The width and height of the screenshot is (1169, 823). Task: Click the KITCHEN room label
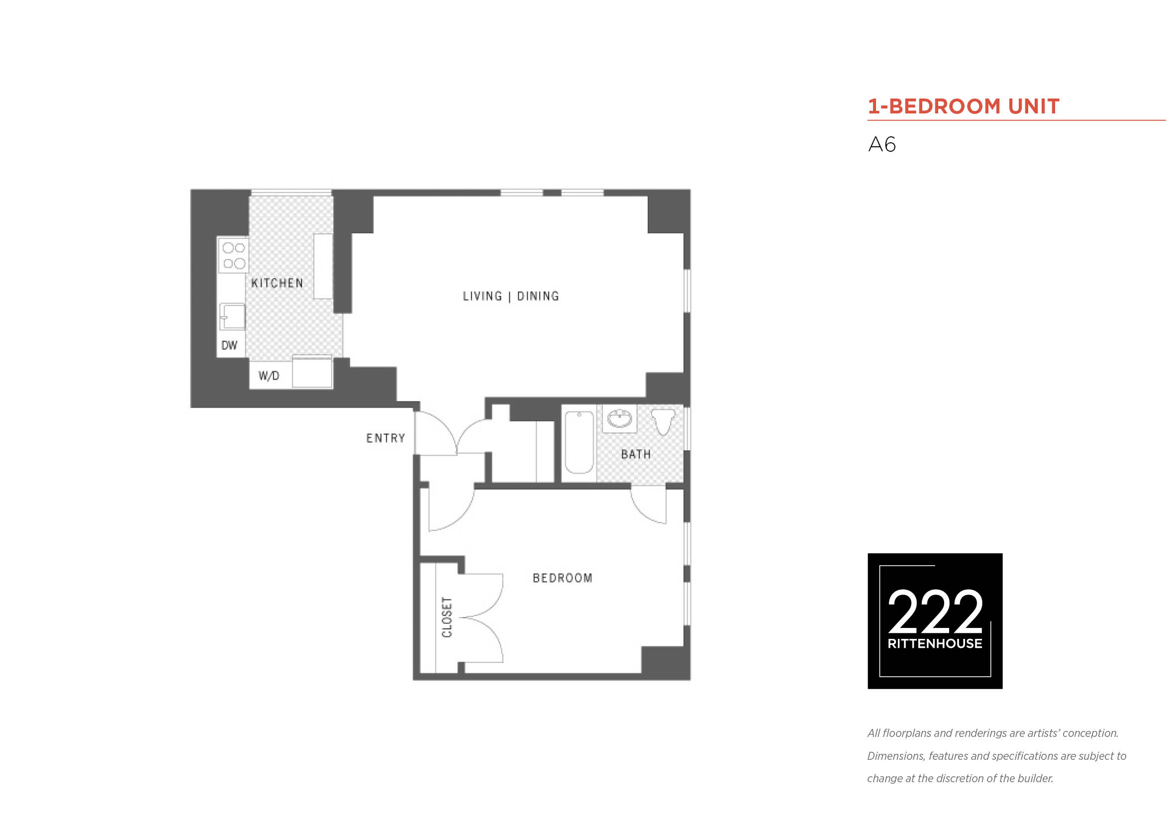(277, 283)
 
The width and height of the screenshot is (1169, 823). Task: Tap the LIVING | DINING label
(511, 297)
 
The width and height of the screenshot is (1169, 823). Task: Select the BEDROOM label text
(563, 578)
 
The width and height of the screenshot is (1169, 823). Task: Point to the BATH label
(636, 454)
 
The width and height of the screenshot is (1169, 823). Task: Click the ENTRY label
(386, 438)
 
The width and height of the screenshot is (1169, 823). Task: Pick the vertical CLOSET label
(447, 617)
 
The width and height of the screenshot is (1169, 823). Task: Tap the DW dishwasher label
(229, 345)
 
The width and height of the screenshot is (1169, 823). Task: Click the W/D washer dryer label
(269, 376)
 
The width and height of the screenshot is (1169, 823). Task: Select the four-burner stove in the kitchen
(234, 255)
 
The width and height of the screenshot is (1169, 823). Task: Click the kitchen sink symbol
(232, 317)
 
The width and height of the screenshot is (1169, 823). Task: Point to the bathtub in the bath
(579, 442)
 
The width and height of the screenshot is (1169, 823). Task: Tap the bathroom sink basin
(620, 418)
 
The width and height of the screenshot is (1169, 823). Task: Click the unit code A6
(882, 145)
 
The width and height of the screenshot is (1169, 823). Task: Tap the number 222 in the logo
(935, 611)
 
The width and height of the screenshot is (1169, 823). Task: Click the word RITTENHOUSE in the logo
(935, 644)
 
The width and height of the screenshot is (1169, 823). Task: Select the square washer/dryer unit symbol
(312, 372)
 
